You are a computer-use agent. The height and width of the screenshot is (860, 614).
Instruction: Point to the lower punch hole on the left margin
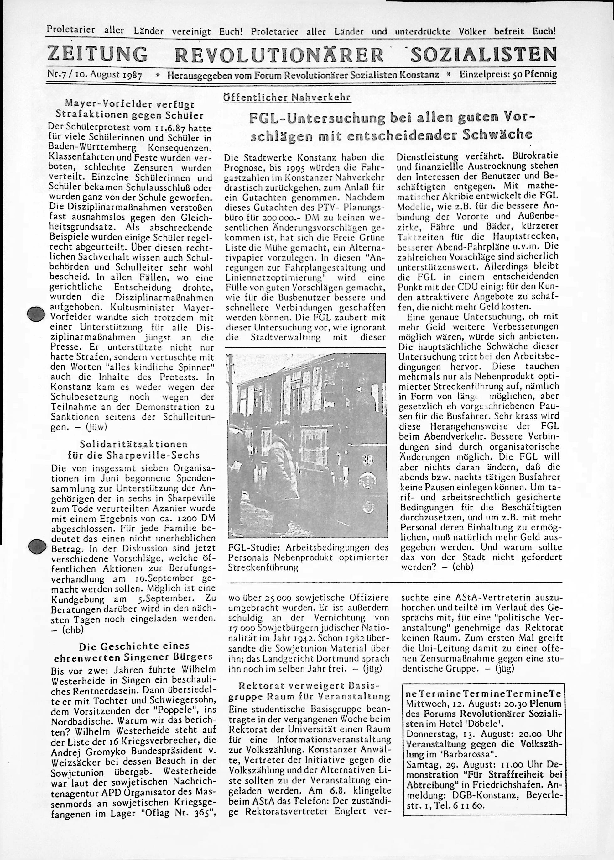pos(37,546)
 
